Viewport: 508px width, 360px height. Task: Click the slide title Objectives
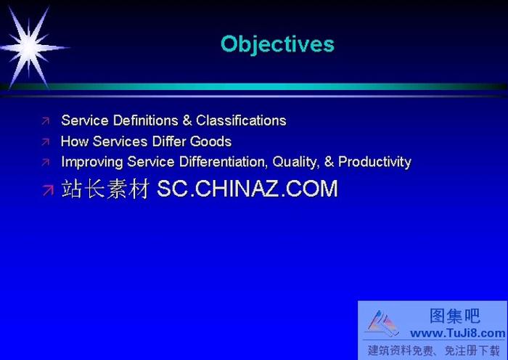click(277, 44)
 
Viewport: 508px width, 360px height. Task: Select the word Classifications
click(241, 120)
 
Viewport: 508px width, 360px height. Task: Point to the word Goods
click(210, 142)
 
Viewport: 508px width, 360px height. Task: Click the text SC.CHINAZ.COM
click(247, 189)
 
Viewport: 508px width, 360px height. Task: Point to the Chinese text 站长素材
click(106, 189)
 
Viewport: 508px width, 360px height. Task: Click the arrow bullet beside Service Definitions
click(46, 121)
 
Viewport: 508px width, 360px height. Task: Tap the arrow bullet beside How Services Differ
click(46, 142)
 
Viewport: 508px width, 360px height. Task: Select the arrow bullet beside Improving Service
click(46, 163)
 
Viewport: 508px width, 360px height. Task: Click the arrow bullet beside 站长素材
click(47, 190)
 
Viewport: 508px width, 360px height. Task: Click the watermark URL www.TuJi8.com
click(457, 333)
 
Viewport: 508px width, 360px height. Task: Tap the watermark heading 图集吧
click(455, 316)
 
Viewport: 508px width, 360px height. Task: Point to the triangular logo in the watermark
click(382, 324)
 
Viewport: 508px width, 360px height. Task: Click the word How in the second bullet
click(73, 142)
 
